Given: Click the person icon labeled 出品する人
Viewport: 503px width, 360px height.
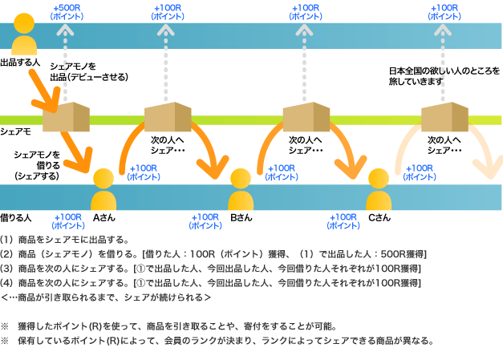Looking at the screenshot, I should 24,35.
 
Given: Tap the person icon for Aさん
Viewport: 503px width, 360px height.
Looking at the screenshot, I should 104,191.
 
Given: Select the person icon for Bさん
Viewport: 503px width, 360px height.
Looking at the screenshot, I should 241,191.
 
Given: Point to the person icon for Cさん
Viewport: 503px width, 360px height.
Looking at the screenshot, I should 379,191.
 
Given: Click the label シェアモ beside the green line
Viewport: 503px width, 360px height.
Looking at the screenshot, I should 16,131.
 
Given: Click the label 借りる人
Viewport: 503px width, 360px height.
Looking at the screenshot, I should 16,217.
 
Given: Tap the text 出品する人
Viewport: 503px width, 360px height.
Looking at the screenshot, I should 20,63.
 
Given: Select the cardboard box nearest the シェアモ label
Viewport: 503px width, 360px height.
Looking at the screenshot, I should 64,119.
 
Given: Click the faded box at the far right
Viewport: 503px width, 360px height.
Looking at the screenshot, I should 444,119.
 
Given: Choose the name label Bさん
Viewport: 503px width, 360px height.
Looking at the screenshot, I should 241,217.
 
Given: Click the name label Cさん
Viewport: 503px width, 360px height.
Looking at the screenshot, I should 379,217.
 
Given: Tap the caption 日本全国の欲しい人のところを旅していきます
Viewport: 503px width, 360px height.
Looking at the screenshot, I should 444,76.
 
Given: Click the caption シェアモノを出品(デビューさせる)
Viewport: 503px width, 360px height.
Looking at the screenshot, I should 88,72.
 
